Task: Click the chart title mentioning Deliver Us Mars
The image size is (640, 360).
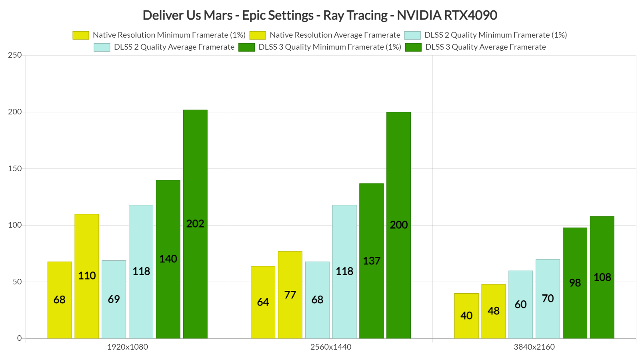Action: (x=320, y=15)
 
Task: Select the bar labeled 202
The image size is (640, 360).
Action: (x=195, y=224)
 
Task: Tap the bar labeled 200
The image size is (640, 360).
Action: (x=398, y=225)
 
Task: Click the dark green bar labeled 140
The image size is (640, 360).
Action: (x=168, y=259)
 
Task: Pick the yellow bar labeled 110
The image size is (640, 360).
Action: (x=87, y=276)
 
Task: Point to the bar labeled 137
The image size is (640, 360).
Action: (x=371, y=261)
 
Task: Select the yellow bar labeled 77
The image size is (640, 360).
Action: (x=290, y=295)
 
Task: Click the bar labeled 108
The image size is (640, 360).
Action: (x=602, y=277)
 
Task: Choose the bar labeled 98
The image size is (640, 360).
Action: (x=575, y=283)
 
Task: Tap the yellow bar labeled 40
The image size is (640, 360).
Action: (x=466, y=316)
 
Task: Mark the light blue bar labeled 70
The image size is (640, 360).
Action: (x=548, y=298)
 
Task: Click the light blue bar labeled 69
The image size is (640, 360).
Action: (x=114, y=299)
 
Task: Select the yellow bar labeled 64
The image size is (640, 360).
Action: (x=263, y=302)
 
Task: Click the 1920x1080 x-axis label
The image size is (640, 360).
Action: (x=127, y=347)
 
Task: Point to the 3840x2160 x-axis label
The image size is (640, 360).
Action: (x=534, y=347)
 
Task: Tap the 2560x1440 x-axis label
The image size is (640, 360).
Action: (x=331, y=347)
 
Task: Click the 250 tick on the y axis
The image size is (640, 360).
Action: (x=15, y=55)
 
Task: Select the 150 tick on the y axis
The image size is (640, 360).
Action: (x=15, y=168)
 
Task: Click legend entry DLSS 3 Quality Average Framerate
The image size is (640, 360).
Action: (x=485, y=47)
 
